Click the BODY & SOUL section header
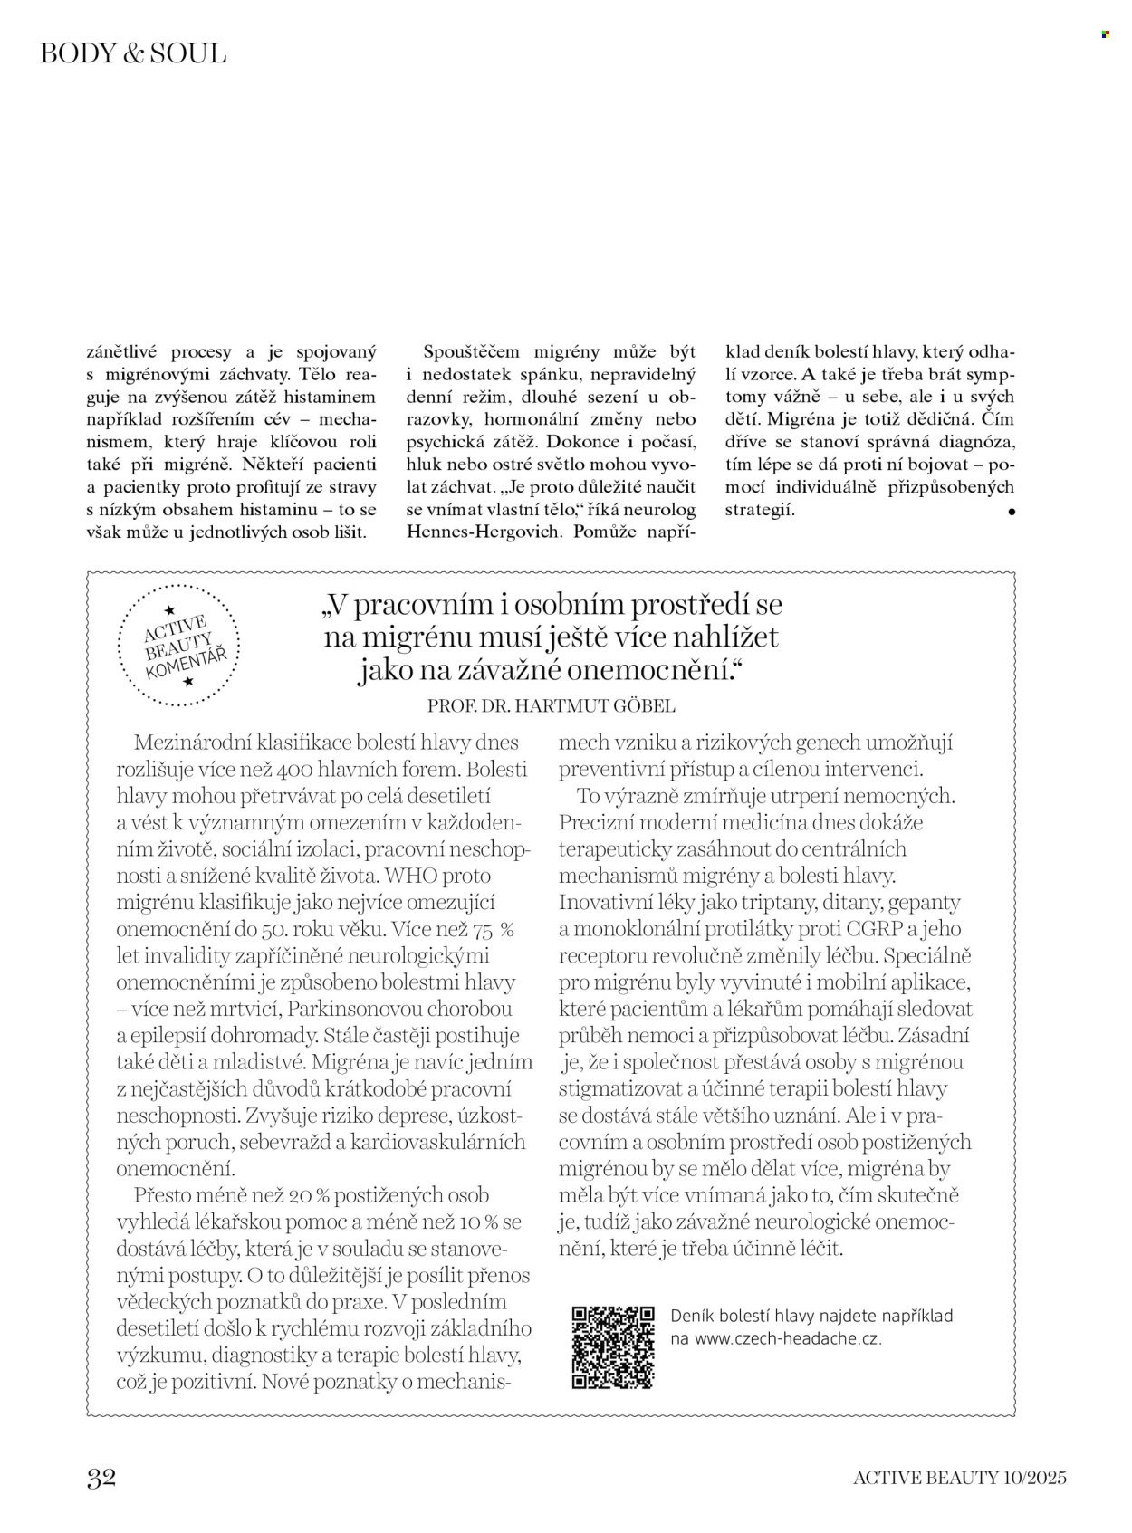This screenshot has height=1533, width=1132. (133, 53)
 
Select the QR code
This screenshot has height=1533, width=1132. (613, 1347)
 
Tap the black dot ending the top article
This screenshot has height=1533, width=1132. (1011, 513)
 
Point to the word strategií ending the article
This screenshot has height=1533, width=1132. (759, 509)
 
